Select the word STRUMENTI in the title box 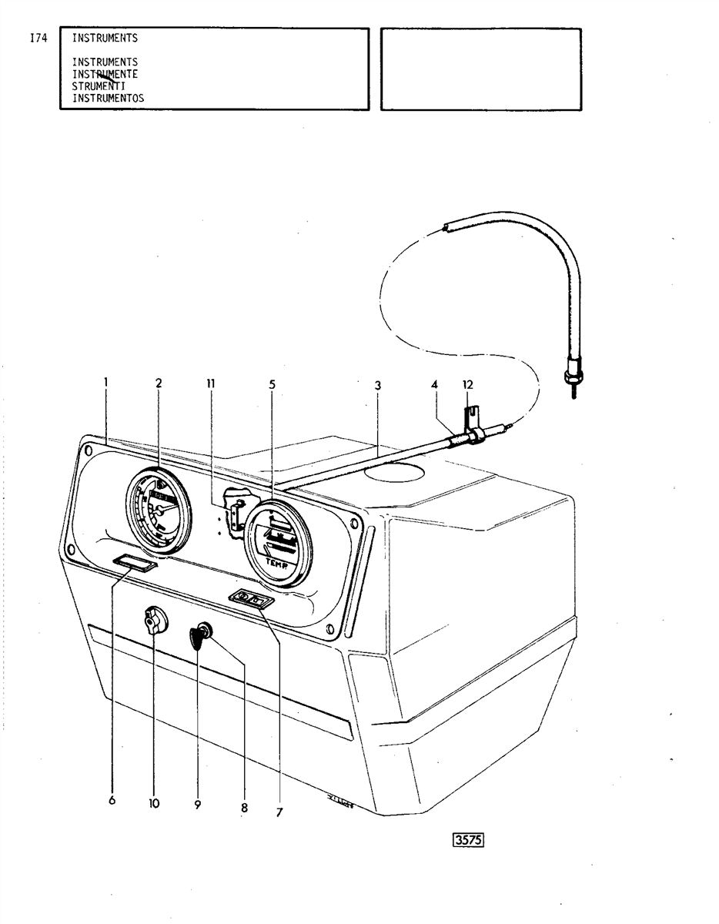[99, 86]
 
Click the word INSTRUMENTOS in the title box [108, 98]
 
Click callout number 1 [105, 381]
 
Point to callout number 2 [159, 382]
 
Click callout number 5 [273, 383]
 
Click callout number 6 [112, 801]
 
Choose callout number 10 [154, 803]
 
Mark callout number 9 [198, 804]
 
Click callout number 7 [279, 812]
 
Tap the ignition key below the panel [197, 637]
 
